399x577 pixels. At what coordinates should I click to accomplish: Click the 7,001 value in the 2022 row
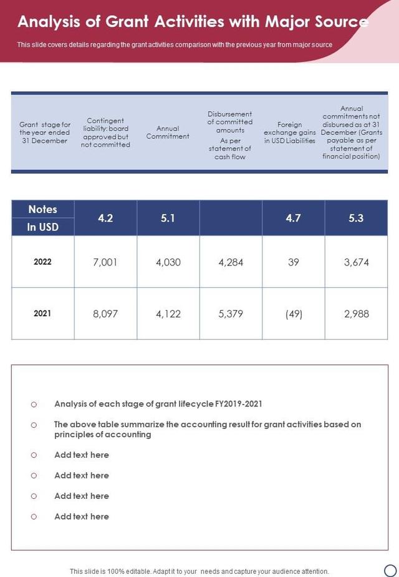pyautogui.click(x=105, y=262)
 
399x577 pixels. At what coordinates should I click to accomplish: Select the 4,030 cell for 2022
pyautogui.click(x=168, y=262)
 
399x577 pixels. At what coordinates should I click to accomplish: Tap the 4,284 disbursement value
pyautogui.click(x=231, y=262)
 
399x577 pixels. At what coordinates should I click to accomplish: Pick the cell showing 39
pyautogui.click(x=294, y=262)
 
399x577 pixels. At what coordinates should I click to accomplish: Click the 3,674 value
pyautogui.click(x=356, y=262)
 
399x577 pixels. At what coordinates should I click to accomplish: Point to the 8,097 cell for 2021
pyautogui.click(x=105, y=314)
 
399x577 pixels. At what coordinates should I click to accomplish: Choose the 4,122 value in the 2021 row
pyautogui.click(x=168, y=314)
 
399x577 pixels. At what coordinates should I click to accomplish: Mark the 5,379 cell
pyautogui.click(x=231, y=314)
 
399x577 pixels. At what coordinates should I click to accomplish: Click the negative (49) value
pyautogui.click(x=294, y=314)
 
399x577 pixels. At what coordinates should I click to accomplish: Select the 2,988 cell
pyautogui.click(x=356, y=314)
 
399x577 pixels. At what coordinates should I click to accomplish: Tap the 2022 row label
pyautogui.click(x=42, y=262)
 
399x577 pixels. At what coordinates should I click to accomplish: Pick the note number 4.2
pyautogui.click(x=105, y=219)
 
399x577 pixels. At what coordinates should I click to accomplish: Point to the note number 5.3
pyautogui.click(x=356, y=219)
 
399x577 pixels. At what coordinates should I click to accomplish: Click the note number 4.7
pyautogui.click(x=294, y=219)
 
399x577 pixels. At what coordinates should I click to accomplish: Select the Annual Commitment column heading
pyautogui.click(x=168, y=132)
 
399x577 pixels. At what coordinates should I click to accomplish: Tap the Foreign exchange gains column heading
pyautogui.click(x=289, y=132)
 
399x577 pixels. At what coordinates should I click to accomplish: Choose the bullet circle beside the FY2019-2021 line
pyautogui.click(x=34, y=405)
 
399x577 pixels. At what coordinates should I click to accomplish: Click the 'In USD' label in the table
pyautogui.click(x=42, y=227)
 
